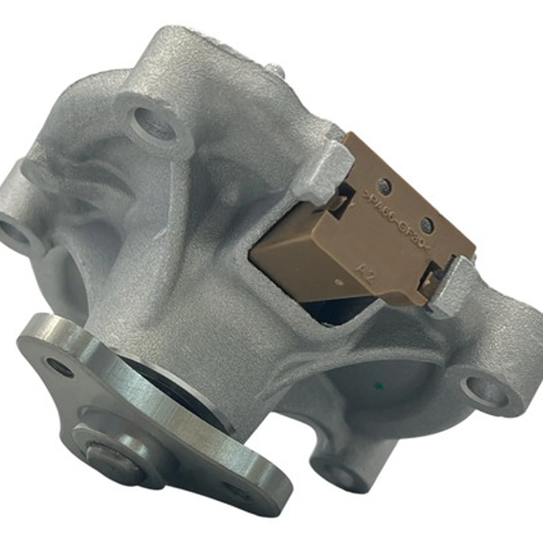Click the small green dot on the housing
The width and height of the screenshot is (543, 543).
point(379,386)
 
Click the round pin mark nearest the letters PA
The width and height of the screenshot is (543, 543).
point(384,187)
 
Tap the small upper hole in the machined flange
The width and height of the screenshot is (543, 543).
point(59,367)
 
